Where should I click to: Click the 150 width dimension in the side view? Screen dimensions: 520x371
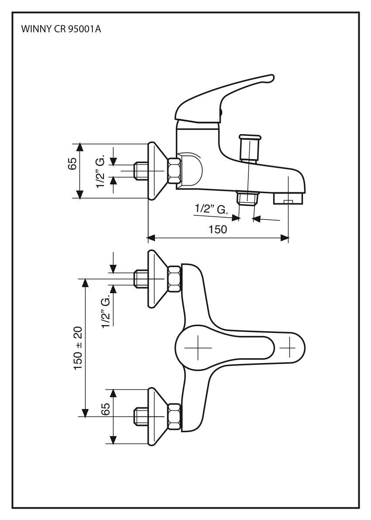217,230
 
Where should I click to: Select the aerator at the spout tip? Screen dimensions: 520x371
288,199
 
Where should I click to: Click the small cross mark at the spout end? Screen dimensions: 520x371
287,348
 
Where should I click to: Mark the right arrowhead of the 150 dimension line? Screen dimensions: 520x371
285,238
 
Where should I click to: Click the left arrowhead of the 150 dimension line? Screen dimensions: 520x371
151,238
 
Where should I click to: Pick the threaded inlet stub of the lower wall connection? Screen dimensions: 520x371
141,416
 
